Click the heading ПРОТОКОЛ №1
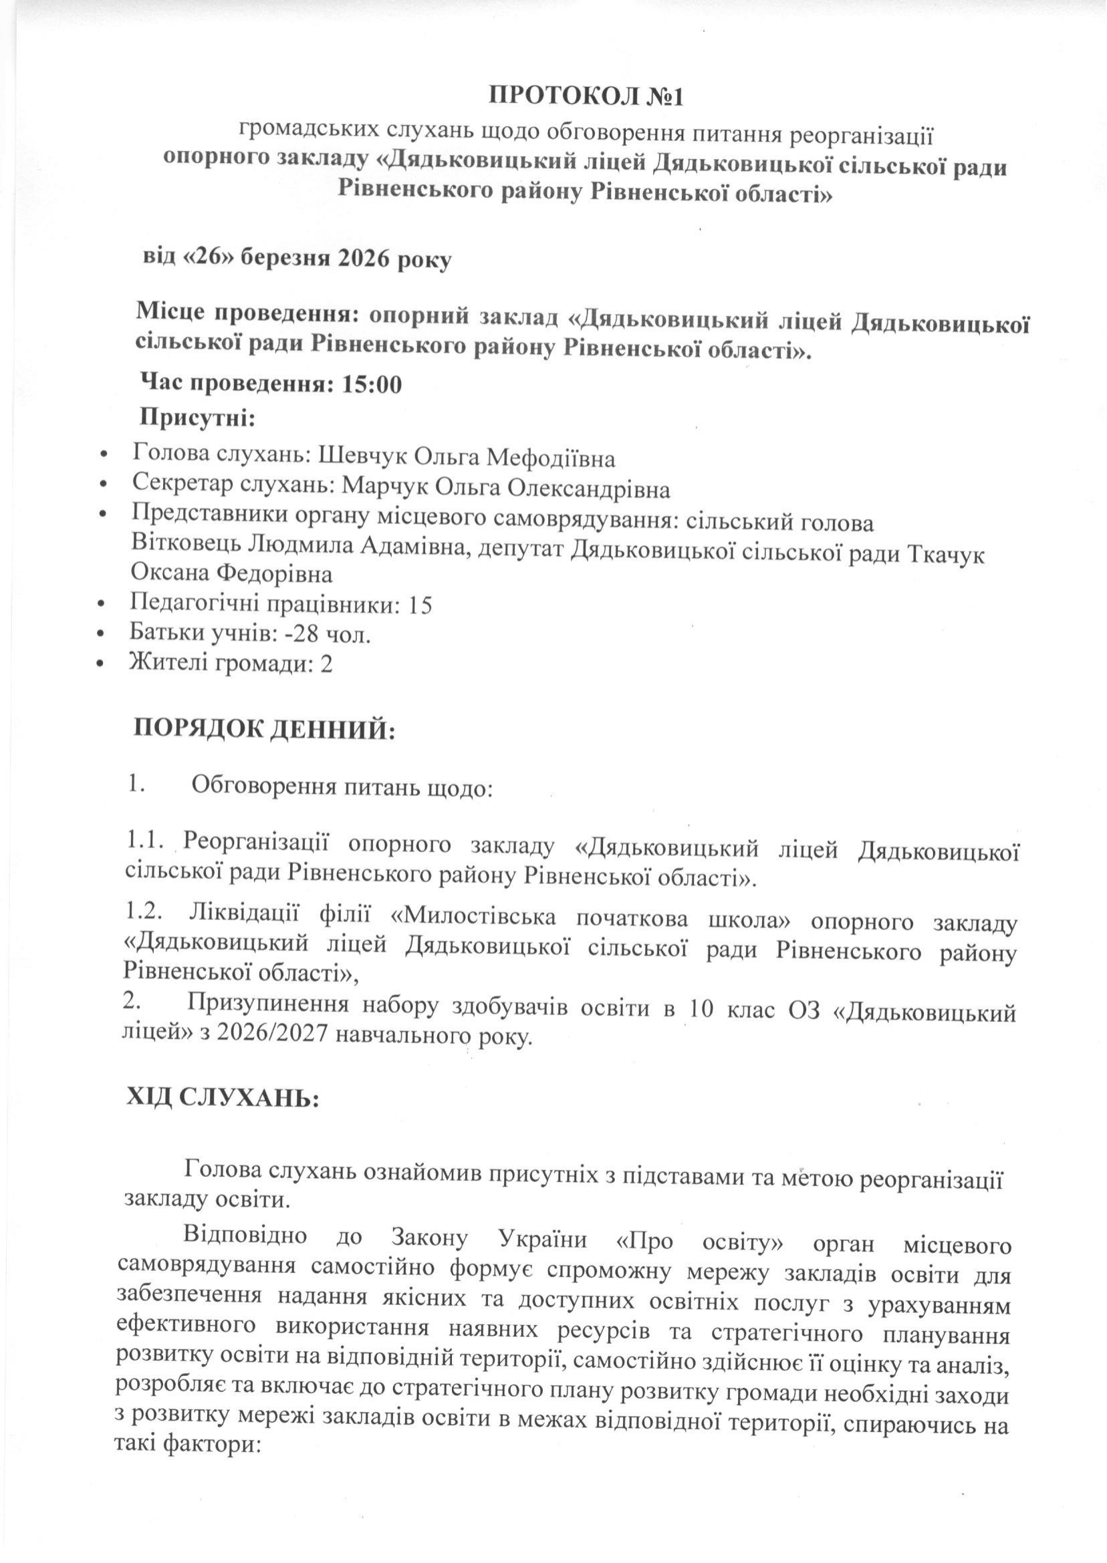pyautogui.click(x=586, y=96)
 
